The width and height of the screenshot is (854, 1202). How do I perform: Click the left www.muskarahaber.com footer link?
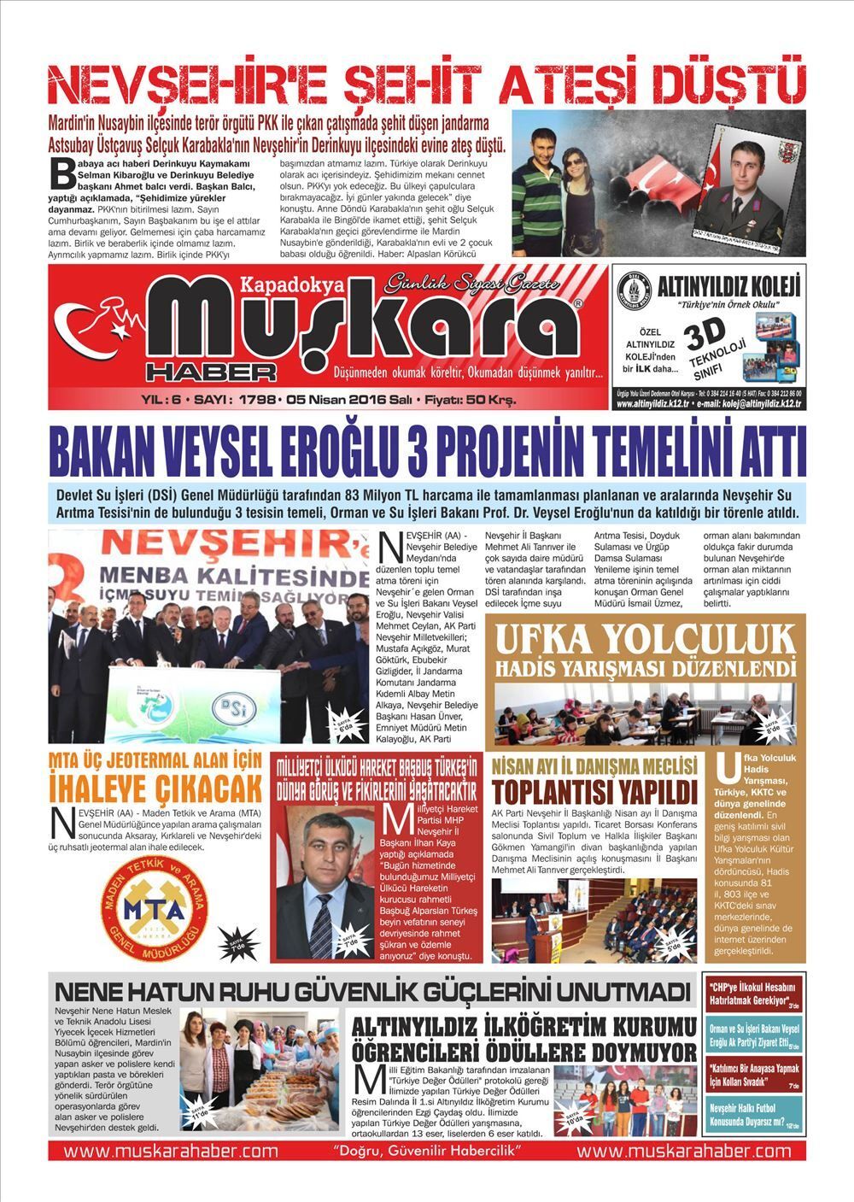pyautogui.click(x=171, y=1151)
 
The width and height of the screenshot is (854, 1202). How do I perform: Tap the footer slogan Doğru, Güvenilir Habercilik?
pyautogui.click(x=427, y=1151)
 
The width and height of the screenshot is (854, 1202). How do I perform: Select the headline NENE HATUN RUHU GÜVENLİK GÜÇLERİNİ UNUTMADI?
pyautogui.click(x=371, y=992)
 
